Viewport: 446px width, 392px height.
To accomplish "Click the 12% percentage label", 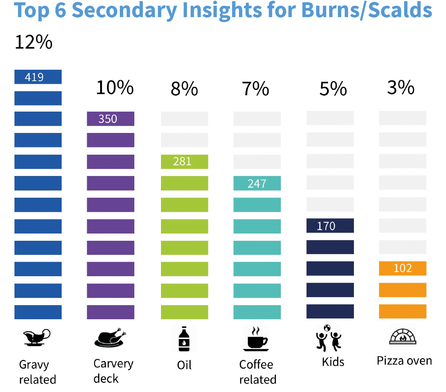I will point(33,42).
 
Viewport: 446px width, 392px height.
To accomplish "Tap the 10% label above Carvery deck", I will point(115,88).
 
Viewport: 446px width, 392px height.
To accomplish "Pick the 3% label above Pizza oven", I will point(401,88).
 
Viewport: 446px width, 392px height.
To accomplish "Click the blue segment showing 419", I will point(38,77).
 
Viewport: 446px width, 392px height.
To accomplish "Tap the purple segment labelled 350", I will point(110,119).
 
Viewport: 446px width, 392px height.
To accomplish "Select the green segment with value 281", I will point(185,162).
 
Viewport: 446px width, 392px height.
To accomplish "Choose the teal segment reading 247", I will point(257,183).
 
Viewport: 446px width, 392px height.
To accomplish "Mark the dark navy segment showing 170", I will point(330,226).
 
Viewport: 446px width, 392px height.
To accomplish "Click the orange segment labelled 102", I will point(403,268).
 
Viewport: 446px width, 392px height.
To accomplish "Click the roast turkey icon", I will point(110,338).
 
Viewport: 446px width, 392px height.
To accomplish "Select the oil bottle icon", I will point(184,338).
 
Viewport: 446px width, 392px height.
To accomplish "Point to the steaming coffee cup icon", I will point(256,338).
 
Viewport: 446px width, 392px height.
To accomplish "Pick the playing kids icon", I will point(328,338).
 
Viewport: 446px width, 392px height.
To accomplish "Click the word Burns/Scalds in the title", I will point(366,10).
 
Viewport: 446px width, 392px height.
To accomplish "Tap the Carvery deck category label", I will point(113,371).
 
